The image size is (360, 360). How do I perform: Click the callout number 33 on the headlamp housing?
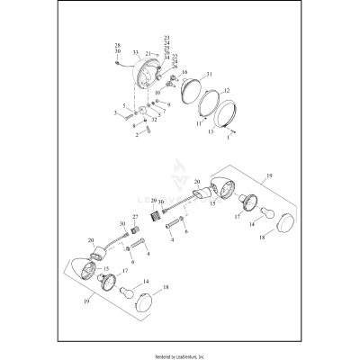click(x=135, y=54)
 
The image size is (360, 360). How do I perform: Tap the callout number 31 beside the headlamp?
click(x=209, y=73)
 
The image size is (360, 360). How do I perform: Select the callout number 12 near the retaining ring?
click(x=226, y=90)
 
